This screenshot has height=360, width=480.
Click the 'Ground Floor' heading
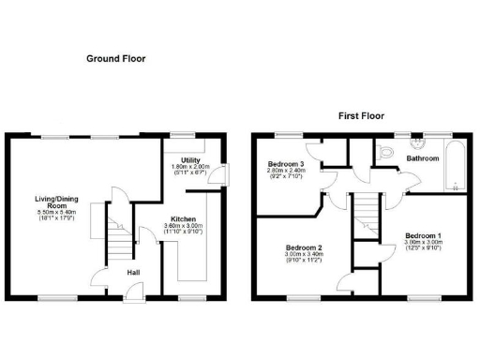116,58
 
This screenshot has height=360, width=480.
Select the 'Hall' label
134,273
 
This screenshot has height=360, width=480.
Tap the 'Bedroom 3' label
287,164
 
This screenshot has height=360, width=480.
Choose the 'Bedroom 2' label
304,247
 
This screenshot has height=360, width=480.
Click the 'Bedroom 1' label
423,234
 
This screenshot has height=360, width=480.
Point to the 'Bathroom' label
424,158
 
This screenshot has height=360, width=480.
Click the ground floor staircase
118,243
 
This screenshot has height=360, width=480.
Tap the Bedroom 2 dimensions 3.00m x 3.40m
304,256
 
